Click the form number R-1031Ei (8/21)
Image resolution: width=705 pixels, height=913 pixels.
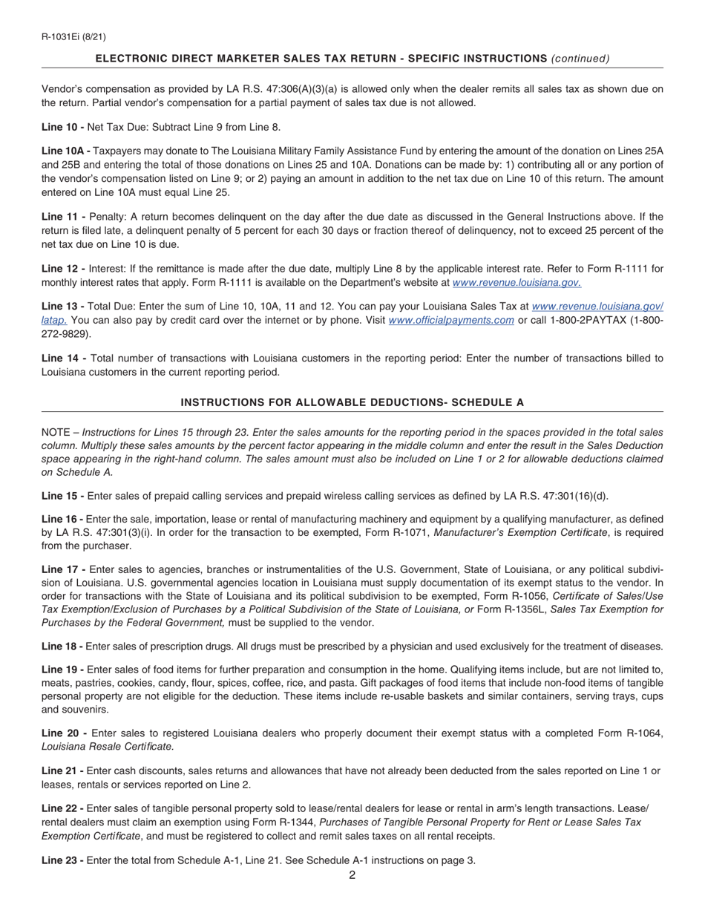pyautogui.click(x=73, y=36)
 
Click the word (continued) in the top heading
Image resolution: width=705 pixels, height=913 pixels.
pyautogui.click(x=580, y=59)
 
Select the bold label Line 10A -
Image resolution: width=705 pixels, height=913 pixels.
pyautogui.click(x=66, y=151)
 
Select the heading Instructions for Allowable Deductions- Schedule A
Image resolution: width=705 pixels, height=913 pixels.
pyautogui.click(x=352, y=402)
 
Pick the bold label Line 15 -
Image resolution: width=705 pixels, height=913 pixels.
pyautogui.click(x=62, y=496)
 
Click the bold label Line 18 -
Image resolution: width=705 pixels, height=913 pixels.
pyautogui.click(x=62, y=647)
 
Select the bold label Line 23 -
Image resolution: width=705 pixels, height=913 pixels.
pyautogui.click(x=62, y=861)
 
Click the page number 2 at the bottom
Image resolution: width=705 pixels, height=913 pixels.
pyautogui.click(x=352, y=875)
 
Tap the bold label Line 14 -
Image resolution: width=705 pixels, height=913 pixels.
pyautogui.click(x=64, y=359)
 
